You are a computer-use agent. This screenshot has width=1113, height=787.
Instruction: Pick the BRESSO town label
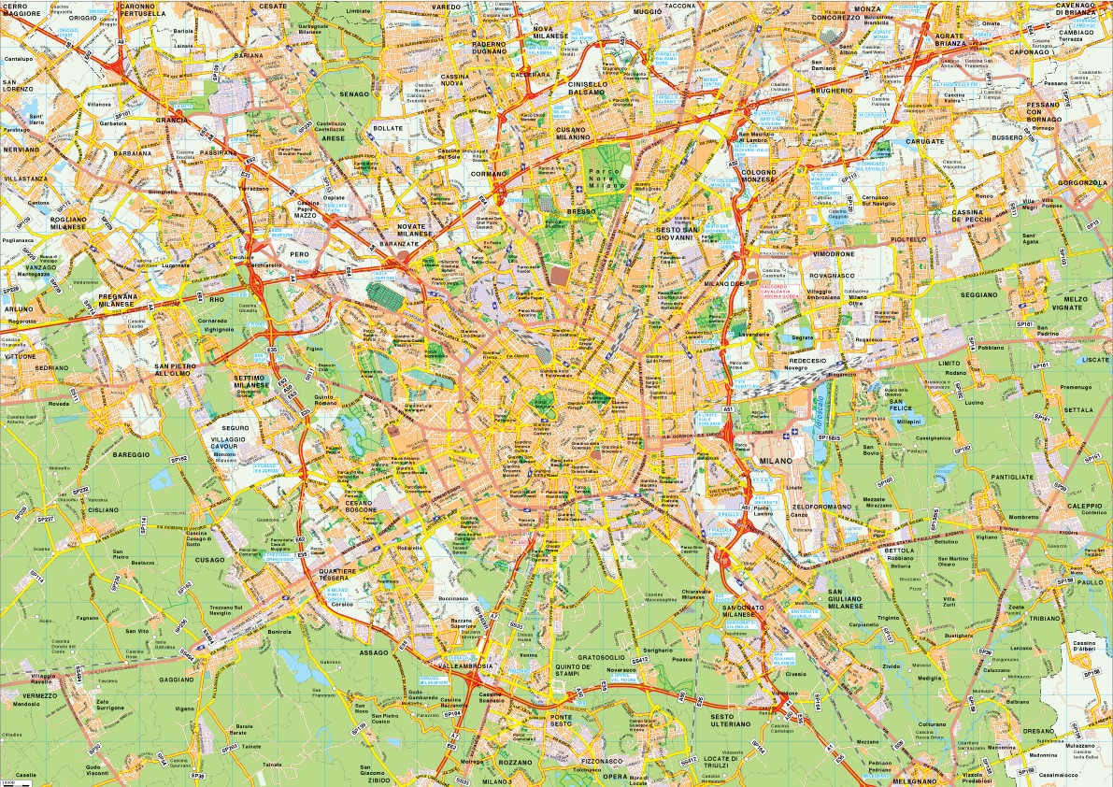(580, 212)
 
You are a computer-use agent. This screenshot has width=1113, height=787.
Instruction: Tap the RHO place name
(218, 299)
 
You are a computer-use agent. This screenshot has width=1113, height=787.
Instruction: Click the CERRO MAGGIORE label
(21, 10)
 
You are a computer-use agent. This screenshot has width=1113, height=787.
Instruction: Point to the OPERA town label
(614, 776)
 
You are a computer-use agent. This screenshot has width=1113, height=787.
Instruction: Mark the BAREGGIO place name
(131, 454)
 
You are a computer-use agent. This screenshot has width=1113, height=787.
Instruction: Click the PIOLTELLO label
(907, 238)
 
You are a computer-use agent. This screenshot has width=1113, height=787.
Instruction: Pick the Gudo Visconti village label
(97, 772)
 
